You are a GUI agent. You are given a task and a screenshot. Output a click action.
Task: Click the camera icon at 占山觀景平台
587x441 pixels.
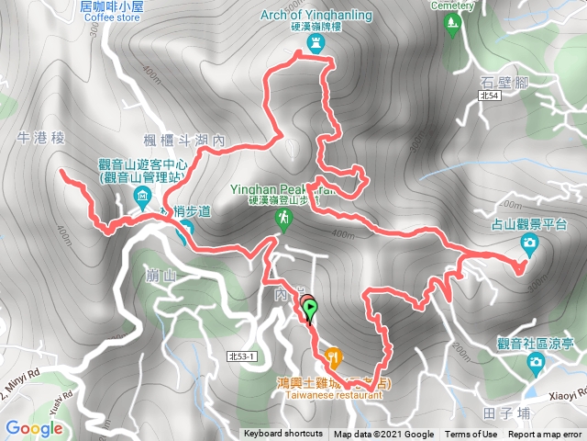(529, 243)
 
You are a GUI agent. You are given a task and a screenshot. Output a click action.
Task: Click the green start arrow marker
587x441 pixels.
(310, 311)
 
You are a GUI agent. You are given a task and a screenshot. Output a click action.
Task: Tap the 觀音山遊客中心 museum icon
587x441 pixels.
(143, 196)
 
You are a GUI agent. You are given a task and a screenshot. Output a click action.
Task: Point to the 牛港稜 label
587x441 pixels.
(42, 138)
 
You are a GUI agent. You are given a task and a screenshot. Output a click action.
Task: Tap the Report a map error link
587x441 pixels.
(546, 435)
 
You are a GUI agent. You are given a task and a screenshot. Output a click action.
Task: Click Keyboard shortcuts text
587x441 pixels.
(283, 435)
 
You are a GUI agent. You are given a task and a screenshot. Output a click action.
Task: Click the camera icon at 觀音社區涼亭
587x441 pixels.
(536, 364)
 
